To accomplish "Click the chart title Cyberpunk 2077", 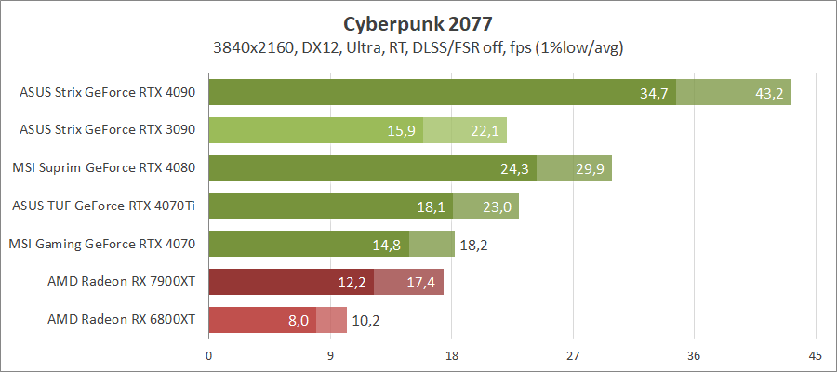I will (418, 22).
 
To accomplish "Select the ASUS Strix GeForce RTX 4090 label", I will (107, 93).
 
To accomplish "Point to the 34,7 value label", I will (656, 94).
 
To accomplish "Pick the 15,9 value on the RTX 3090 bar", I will (402, 131).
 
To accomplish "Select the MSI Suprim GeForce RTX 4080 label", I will (103, 169).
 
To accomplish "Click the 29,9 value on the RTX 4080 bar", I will (591, 169).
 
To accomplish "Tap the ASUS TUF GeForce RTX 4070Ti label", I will (107, 206).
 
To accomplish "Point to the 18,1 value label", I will (432, 207).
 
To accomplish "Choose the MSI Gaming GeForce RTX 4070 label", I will (101, 245).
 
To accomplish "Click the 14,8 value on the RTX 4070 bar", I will (388, 246).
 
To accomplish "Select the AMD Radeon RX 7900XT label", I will (121, 282).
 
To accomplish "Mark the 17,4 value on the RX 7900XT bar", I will (422, 283).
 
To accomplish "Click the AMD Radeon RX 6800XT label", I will (121, 320).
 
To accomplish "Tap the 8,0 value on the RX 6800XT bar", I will (299, 321).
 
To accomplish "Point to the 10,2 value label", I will (365, 321).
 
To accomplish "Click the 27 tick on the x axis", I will (573, 355).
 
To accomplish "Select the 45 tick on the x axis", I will (816, 355).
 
